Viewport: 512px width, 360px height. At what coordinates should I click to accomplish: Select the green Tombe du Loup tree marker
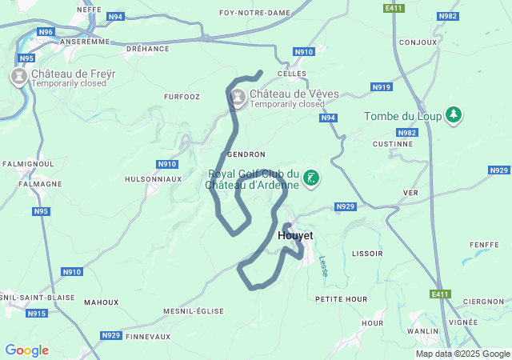(454, 116)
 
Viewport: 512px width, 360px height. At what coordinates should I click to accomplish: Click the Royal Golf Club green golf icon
(311, 179)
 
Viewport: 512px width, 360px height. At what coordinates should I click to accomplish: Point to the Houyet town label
(295, 236)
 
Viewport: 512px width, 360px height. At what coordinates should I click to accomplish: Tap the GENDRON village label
(246, 154)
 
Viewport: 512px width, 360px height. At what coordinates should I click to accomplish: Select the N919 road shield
(382, 87)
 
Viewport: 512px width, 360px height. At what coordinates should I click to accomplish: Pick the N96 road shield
(46, 32)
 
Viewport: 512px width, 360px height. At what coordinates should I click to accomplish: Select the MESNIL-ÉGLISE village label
(193, 311)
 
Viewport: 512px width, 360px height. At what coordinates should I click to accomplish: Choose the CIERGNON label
(487, 302)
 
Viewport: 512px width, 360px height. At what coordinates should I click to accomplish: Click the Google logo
(26, 350)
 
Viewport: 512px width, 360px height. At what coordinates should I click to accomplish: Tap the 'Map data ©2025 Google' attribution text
(462, 354)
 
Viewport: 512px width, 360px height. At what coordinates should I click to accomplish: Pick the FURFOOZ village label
(182, 97)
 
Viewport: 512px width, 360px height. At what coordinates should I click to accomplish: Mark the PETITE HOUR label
(341, 298)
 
